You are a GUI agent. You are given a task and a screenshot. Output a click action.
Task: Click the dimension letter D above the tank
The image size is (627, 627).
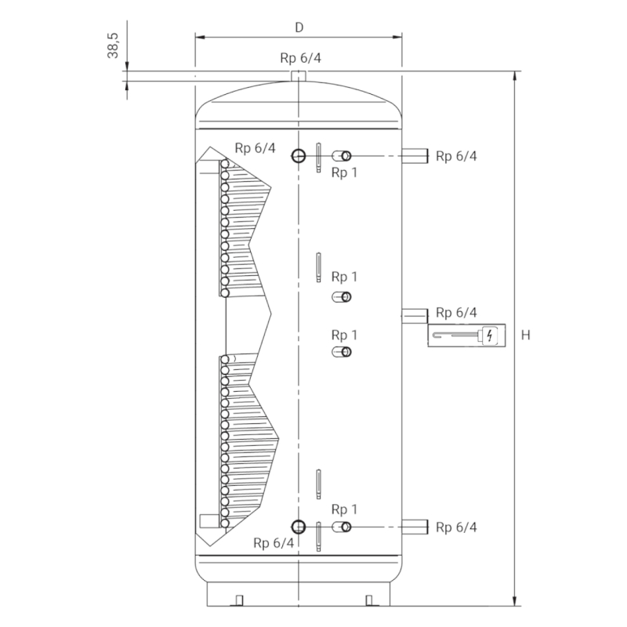(299, 27)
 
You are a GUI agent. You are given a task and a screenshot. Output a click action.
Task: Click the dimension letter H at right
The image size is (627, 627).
(525, 335)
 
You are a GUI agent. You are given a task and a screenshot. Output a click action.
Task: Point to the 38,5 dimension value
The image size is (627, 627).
(113, 45)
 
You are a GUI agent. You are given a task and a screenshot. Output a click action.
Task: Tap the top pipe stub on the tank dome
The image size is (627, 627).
(299, 76)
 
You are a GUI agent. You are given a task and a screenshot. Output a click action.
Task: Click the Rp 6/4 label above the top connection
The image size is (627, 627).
(300, 58)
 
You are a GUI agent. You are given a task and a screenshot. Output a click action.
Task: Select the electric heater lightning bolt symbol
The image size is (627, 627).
(490, 335)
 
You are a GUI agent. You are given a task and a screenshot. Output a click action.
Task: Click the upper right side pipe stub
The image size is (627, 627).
(415, 155)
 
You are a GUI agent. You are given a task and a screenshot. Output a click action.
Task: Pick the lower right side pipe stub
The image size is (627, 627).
(415, 527)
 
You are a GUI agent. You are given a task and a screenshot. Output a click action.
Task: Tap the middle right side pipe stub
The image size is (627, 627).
(415, 316)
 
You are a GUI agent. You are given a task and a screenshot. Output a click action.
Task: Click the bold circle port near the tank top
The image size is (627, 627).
(299, 155)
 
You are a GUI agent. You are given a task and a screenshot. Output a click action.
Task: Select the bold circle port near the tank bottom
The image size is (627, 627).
(299, 527)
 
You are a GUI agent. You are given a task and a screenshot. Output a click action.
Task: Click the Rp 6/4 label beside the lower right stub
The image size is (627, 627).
(456, 527)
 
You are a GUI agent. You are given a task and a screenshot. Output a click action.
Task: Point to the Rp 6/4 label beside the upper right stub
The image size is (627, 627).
(456, 156)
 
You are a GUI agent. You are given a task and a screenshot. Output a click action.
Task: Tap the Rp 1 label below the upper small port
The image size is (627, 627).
(344, 172)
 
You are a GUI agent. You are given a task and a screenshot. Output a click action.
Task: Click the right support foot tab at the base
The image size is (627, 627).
(369, 600)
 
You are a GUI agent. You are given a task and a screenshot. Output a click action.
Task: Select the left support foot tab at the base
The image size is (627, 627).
(239, 600)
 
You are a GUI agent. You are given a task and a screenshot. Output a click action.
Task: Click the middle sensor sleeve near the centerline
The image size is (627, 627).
(318, 267)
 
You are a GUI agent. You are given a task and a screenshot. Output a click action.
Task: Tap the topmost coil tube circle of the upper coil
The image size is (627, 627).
(225, 164)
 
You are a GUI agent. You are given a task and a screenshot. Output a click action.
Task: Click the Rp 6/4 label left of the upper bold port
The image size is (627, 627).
(256, 148)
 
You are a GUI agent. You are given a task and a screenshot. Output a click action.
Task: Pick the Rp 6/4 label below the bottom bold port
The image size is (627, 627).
(274, 542)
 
